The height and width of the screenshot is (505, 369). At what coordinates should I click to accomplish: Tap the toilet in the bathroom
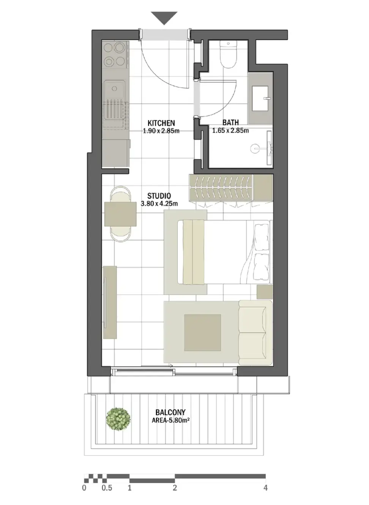229,54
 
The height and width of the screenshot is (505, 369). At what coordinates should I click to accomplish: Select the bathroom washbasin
260,98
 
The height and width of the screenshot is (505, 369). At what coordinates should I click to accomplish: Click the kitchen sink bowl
115,89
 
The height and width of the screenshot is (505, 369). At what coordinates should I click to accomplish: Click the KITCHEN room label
161,123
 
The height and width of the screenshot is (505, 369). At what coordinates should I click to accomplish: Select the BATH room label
230,122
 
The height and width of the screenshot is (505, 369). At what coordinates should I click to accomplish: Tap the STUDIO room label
159,196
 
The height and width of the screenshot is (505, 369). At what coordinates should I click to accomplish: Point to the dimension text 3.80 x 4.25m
159,203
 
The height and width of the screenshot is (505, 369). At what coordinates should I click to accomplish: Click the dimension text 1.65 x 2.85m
230,130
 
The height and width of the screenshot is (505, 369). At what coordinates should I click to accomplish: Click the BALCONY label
170,412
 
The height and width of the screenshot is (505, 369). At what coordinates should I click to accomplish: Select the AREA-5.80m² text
170,420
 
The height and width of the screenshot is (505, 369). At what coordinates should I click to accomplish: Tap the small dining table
120,214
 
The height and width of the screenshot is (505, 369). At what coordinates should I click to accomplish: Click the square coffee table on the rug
202,332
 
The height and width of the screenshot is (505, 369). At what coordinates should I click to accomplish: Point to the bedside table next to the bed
265,292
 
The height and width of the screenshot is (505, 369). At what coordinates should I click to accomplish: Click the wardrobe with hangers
222,187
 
